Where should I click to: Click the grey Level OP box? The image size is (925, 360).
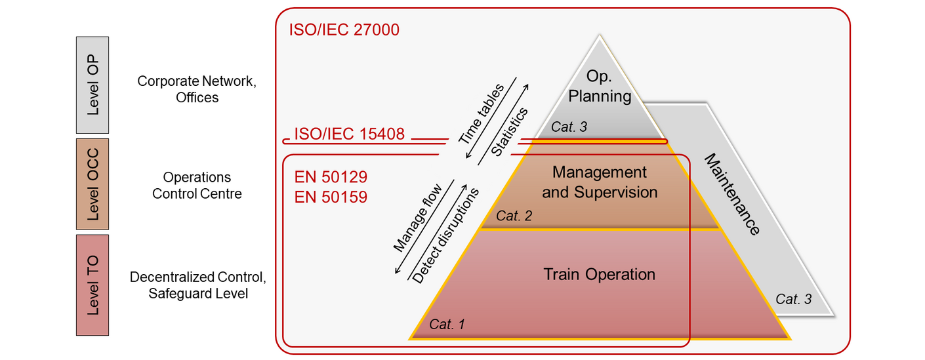(92, 85)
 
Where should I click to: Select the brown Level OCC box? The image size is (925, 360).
(92, 184)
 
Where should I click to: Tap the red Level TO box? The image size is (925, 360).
(92, 285)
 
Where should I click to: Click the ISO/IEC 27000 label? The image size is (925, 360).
(344, 30)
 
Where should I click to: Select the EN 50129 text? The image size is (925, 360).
(331, 177)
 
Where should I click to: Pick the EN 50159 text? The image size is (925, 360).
(331, 196)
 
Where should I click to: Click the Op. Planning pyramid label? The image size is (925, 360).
(600, 87)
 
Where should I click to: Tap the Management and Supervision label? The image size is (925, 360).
(600, 182)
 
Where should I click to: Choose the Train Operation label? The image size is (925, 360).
(600, 274)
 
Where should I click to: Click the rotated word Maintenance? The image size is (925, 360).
(732, 194)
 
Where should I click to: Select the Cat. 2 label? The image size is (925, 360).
(514, 216)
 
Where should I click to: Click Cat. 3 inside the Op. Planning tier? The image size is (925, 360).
(569, 127)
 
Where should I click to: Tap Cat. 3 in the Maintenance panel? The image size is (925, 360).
(793, 299)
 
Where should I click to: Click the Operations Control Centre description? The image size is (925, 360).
(197, 186)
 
